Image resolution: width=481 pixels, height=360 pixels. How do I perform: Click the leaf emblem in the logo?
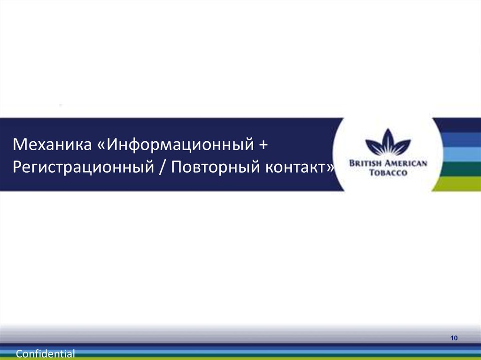388,143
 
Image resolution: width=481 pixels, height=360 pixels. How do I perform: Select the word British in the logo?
366,163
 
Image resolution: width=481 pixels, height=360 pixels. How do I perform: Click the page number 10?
454,339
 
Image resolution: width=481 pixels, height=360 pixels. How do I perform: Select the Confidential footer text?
46,354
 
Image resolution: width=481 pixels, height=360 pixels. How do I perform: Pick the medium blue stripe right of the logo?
460,139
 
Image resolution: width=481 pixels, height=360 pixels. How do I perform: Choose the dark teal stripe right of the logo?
460,169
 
